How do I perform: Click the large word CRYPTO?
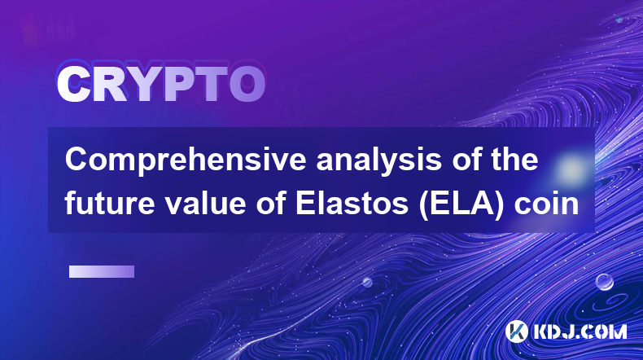(161, 84)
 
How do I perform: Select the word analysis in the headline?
(378, 161)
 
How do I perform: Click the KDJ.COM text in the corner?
(580, 331)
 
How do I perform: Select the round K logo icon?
(517, 331)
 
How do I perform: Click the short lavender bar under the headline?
(102, 271)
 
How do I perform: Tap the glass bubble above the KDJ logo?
(605, 282)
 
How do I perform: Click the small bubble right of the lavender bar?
(367, 282)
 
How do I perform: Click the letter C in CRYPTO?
(73, 84)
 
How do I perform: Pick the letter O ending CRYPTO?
(247, 84)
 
